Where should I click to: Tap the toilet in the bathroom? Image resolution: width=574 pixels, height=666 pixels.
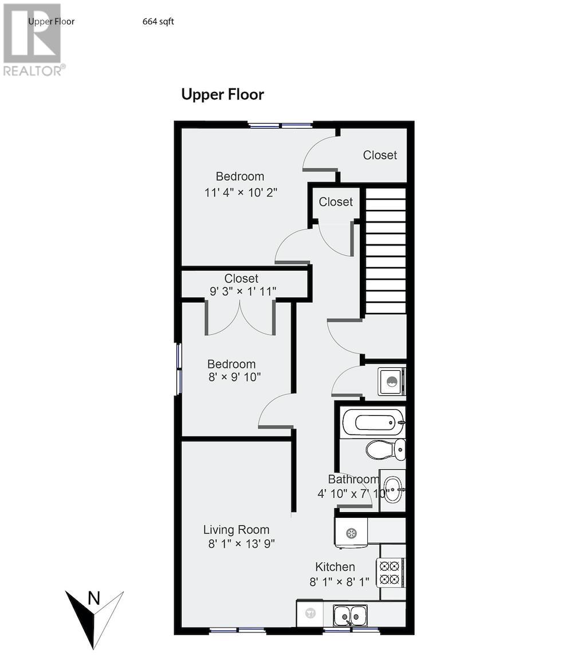pos(386,450)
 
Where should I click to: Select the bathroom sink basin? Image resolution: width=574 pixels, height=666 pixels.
pos(392,489)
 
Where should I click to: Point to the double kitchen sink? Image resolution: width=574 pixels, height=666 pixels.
pos(350,616)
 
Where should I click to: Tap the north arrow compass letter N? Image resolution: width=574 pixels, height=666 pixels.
pos(94,599)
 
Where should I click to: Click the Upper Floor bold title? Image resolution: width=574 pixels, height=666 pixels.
pos(222,94)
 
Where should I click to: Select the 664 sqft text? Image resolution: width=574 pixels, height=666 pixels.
pos(158,22)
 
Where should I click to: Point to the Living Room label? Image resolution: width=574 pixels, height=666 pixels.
pos(236,530)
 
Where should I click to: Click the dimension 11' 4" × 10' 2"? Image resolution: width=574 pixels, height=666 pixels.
pos(241,192)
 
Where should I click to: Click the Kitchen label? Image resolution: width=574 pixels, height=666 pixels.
pos(335,567)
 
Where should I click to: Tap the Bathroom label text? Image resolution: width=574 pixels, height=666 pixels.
pos(353,479)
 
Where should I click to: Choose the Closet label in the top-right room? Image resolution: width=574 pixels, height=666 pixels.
pos(380,155)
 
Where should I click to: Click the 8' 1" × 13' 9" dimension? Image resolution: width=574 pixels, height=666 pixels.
pos(241,544)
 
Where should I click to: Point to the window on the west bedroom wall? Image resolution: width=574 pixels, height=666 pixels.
pos(179,368)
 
